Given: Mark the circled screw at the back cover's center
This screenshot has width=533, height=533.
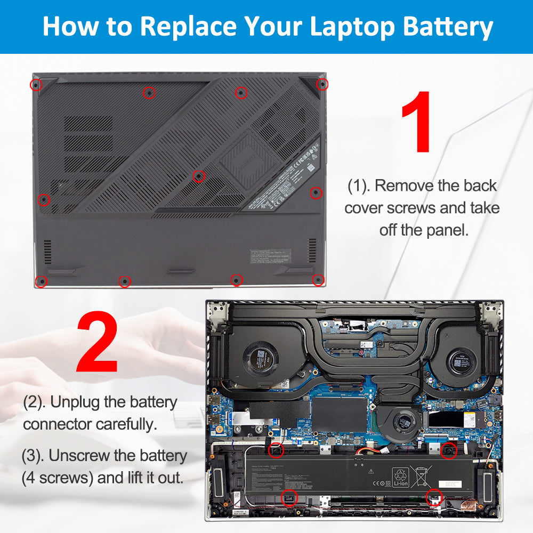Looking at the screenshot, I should tap(198, 175).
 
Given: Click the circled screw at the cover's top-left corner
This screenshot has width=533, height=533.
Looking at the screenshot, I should tap(36, 84).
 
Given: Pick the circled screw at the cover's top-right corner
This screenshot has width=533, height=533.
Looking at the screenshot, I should tap(321, 84).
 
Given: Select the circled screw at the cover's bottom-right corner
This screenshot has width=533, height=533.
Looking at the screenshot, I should tap(318, 279).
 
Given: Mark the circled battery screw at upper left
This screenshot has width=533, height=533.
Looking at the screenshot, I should tap(277, 450).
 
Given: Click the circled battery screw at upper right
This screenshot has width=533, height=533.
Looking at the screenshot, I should tap(449, 451).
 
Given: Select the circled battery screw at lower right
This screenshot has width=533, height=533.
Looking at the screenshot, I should tap(434, 496).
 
